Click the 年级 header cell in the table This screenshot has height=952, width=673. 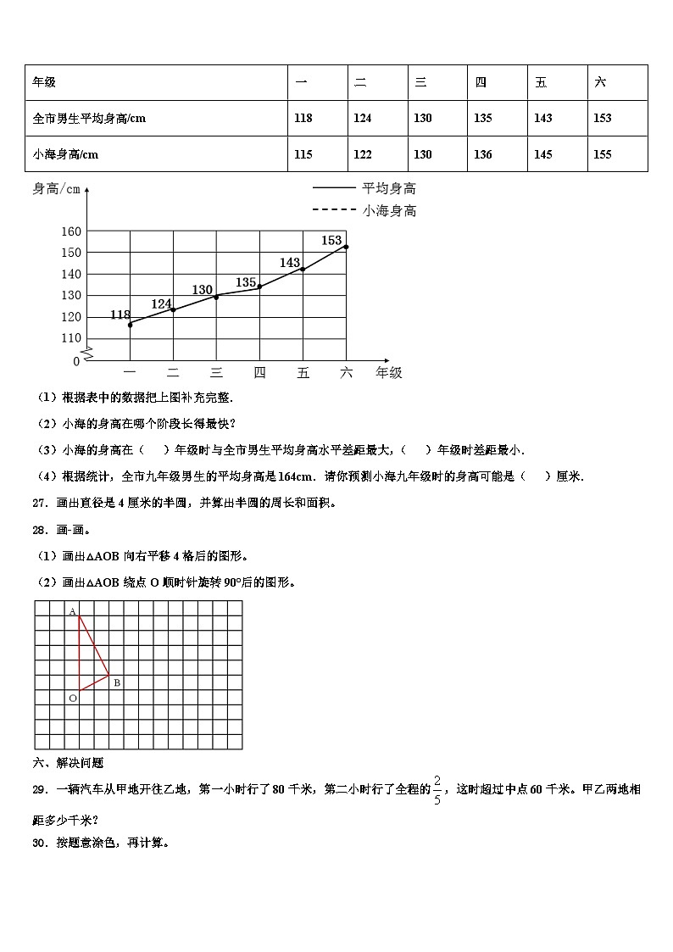44,82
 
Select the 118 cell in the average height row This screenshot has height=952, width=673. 303,119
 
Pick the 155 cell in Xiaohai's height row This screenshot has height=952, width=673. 603,154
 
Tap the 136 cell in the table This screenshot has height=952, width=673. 482,154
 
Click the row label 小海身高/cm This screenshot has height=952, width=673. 65,154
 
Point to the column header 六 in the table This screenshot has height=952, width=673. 601,82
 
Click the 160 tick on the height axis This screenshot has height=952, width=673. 71,231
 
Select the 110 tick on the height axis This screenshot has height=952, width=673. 71,338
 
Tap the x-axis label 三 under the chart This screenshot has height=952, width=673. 216,372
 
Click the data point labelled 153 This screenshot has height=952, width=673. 346,247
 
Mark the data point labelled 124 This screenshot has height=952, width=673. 173,309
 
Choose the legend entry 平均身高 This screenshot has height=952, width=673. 389,188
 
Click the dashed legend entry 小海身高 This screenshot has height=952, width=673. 389,210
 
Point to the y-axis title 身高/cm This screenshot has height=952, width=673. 56,189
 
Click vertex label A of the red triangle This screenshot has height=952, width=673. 72,611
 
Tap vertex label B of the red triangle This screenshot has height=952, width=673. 117,682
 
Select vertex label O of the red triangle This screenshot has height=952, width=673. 73,698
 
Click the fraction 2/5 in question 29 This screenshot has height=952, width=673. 437,789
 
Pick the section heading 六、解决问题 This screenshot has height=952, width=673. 68,763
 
